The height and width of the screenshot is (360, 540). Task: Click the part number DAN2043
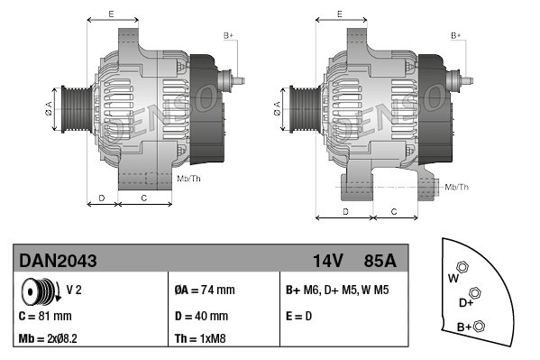coord(58,261)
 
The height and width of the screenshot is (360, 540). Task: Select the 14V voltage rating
coord(327,261)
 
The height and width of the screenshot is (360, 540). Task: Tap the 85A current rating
coord(380,261)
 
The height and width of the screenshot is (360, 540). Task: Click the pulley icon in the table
coord(40,291)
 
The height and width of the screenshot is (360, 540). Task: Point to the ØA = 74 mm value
coord(205,290)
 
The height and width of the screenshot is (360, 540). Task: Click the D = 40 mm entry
coord(201,317)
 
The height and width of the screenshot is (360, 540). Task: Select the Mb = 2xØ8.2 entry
coord(54,340)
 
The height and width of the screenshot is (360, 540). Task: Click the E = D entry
coord(300,317)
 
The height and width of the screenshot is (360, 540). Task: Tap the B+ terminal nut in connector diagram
coord(480,326)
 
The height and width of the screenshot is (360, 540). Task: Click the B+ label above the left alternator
coord(228,35)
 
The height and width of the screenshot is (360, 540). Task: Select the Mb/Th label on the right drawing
coord(457,187)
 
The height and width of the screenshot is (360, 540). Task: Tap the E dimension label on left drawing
coord(110,14)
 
